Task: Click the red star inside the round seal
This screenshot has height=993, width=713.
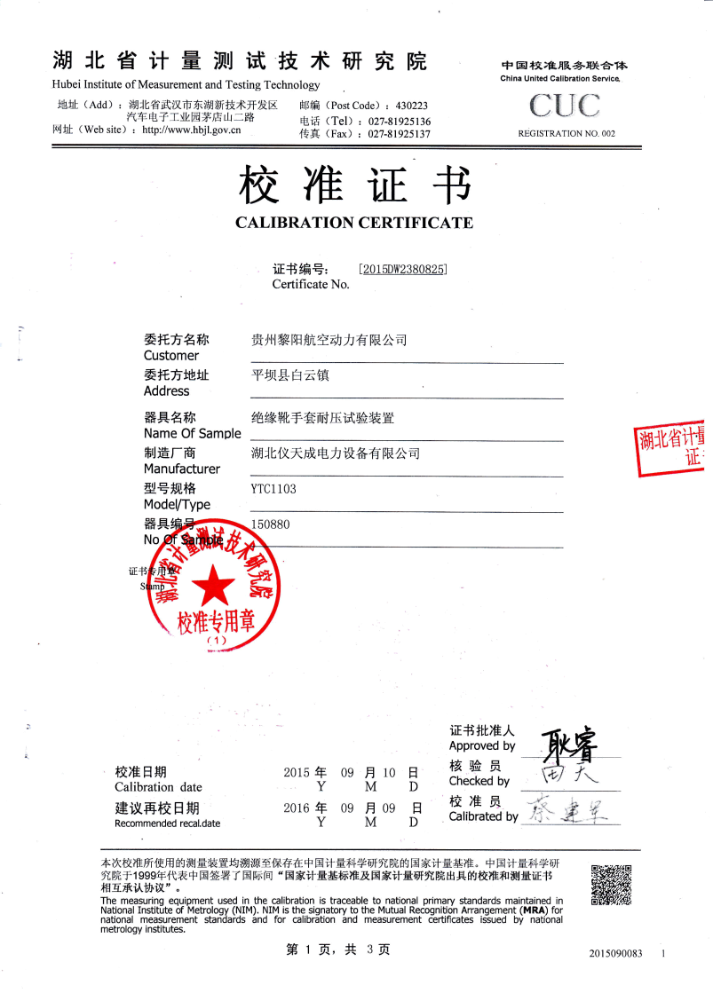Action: point(215,586)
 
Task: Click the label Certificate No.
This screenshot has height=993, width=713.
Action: point(311,284)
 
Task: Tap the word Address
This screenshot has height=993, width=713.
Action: point(166,390)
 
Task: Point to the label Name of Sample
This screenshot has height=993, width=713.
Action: point(192,434)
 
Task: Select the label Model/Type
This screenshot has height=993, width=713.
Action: point(178,503)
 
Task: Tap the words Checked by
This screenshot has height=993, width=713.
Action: point(479,781)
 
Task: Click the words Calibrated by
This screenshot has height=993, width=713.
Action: point(484,816)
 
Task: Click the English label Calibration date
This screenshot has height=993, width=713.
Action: point(159,786)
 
